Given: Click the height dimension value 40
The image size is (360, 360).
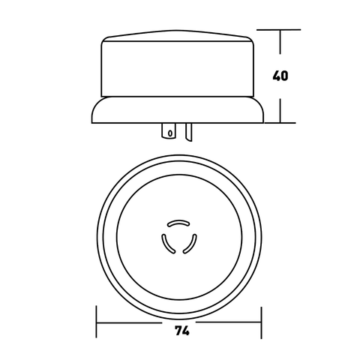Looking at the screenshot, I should pos(280,76).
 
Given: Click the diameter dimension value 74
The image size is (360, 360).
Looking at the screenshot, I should pos(181,328).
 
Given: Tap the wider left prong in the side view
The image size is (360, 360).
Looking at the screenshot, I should pos(170,131).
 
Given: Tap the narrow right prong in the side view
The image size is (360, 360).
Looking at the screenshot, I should pos(189,131).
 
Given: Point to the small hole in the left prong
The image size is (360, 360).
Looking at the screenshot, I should pos(170,134).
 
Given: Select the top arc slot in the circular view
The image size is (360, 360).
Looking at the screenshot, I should pos(178,223).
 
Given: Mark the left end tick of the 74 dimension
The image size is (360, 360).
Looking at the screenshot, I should pos(97,322).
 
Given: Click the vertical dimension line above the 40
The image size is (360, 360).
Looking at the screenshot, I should pos(280,49).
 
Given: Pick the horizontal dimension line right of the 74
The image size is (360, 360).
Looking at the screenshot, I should pos(225,323).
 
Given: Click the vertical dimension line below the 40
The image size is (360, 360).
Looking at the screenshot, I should pos(280,105).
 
